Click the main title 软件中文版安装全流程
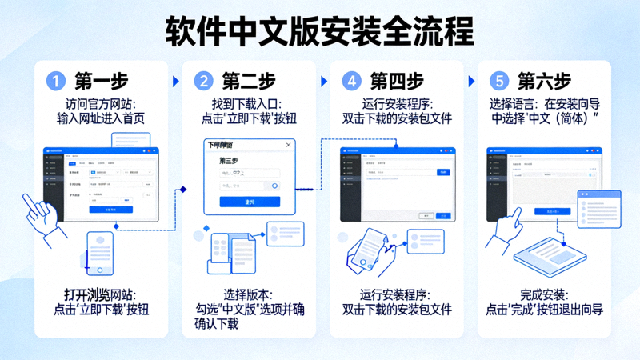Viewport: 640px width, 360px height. point(320,31)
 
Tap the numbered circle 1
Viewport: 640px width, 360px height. point(54,81)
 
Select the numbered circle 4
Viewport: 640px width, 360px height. point(350,81)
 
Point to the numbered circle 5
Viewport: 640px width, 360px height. point(499,81)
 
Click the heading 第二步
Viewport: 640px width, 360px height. point(249,81)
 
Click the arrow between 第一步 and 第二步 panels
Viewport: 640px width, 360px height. point(176,81)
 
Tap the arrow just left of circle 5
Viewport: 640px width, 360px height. point(472,81)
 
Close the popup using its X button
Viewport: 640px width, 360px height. point(289,145)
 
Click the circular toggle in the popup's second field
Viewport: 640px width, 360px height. point(275,186)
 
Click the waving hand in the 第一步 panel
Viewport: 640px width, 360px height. point(39,211)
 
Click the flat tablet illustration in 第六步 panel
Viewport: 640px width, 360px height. point(550,258)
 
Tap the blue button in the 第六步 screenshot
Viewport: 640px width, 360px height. point(553,211)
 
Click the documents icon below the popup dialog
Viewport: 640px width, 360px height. point(231,251)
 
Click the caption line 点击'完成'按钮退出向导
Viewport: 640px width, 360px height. point(544,310)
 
